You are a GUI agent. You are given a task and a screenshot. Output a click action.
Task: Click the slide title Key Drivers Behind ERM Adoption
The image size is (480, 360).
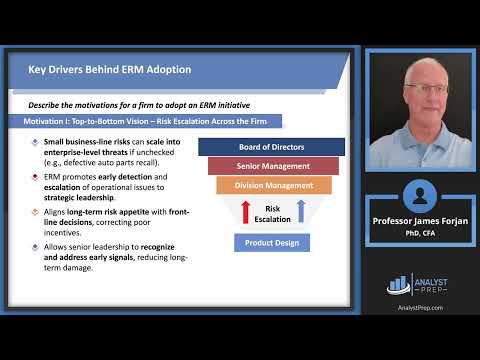(108, 69)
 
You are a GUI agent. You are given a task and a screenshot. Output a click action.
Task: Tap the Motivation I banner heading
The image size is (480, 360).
(151, 121)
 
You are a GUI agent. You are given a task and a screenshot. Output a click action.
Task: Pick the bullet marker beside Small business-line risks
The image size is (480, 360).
(37, 142)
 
